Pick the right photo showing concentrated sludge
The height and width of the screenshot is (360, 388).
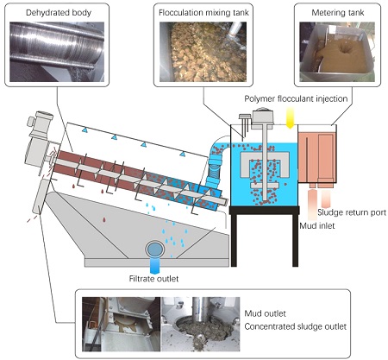click(203, 324)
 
